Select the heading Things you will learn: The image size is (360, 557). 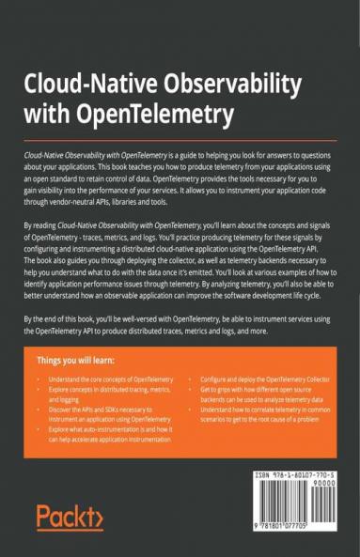[78, 359]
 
